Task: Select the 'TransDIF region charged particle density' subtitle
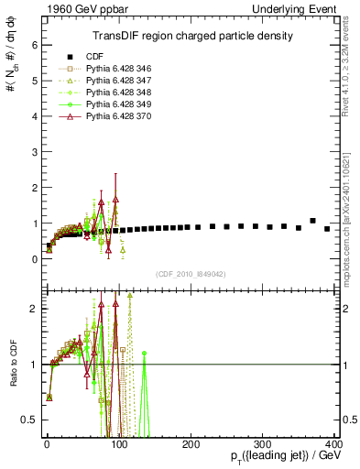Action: point(192,36)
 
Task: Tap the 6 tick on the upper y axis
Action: point(35,44)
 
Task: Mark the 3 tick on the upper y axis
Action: point(35,151)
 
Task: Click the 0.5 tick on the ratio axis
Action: point(31,420)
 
